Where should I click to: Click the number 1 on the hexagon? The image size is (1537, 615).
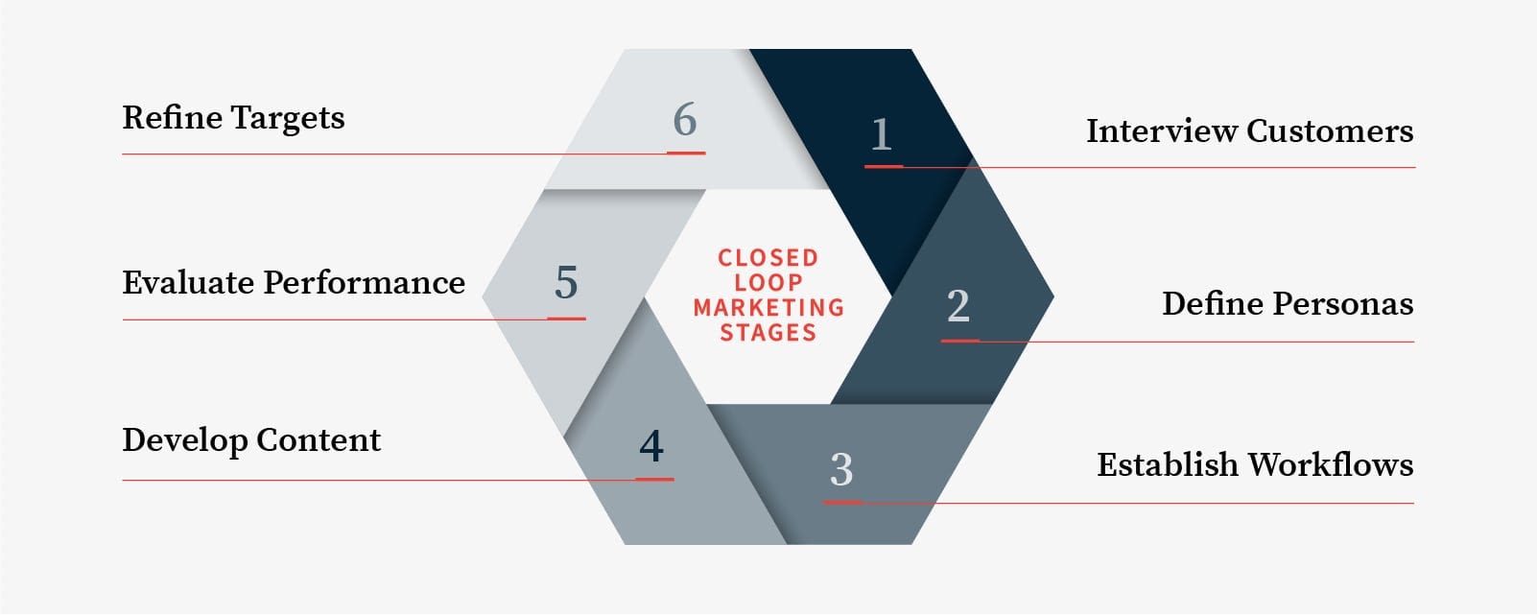click(882, 134)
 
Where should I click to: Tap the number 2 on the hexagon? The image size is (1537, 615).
click(958, 305)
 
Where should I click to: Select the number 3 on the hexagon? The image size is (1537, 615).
click(841, 469)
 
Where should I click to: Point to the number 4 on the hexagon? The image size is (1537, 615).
click(651, 445)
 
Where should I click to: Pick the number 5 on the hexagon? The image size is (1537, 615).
click(566, 282)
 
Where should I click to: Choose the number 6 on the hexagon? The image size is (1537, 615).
click(685, 119)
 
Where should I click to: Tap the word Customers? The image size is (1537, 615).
click(1330, 130)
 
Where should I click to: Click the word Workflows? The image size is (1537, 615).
click(1331, 464)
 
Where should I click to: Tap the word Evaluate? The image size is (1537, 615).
click(188, 283)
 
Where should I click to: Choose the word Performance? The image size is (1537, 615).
click(365, 283)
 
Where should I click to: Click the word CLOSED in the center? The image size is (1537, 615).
click(768, 258)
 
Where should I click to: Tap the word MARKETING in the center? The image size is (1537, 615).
click(768, 307)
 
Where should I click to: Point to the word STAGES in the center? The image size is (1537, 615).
click(768, 333)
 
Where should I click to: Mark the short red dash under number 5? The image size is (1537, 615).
click(566, 319)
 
